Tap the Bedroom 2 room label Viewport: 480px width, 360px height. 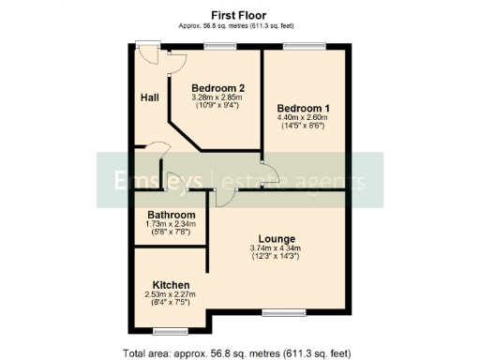[212, 89]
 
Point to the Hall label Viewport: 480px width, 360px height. [149, 97]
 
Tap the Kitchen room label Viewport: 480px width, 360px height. [172, 285]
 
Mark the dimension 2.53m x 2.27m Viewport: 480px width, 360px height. [171, 294]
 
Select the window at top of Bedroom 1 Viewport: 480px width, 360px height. [305, 44]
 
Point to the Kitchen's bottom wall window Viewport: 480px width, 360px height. [171, 331]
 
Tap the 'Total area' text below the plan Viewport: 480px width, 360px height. [236, 353]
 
